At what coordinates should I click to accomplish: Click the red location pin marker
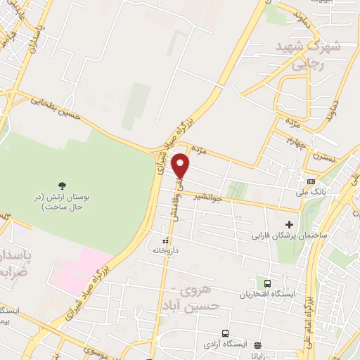pyautogui.click(x=181, y=165)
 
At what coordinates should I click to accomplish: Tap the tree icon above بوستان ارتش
pyautogui.click(x=63, y=186)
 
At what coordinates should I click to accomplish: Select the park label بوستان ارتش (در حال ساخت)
pyautogui.click(x=63, y=202)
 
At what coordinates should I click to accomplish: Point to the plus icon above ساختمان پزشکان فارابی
pyautogui.click(x=290, y=224)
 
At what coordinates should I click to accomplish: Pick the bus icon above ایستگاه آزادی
pyautogui.click(x=225, y=333)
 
